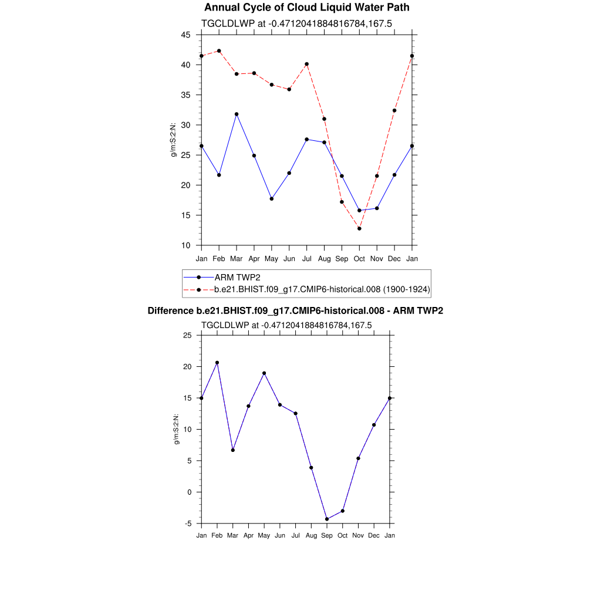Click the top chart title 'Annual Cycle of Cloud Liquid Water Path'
tap(306, 8)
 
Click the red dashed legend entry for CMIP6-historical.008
tap(322, 289)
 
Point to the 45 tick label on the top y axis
tap(185, 35)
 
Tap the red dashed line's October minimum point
tap(359, 228)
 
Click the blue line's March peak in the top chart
tap(237, 114)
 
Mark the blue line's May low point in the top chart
tap(271, 199)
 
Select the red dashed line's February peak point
tap(219, 51)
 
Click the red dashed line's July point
tap(306, 64)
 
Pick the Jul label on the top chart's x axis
tap(306, 259)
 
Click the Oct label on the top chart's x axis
tap(359, 259)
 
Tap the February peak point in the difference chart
tap(217, 363)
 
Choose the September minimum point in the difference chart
tap(327, 519)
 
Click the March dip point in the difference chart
tap(233, 450)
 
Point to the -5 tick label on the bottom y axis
tap(187, 524)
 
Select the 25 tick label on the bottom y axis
tap(187, 335)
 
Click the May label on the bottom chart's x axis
tap(264, 535)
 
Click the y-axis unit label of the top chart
tap(174, 140)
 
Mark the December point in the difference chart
tap(374, 425)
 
